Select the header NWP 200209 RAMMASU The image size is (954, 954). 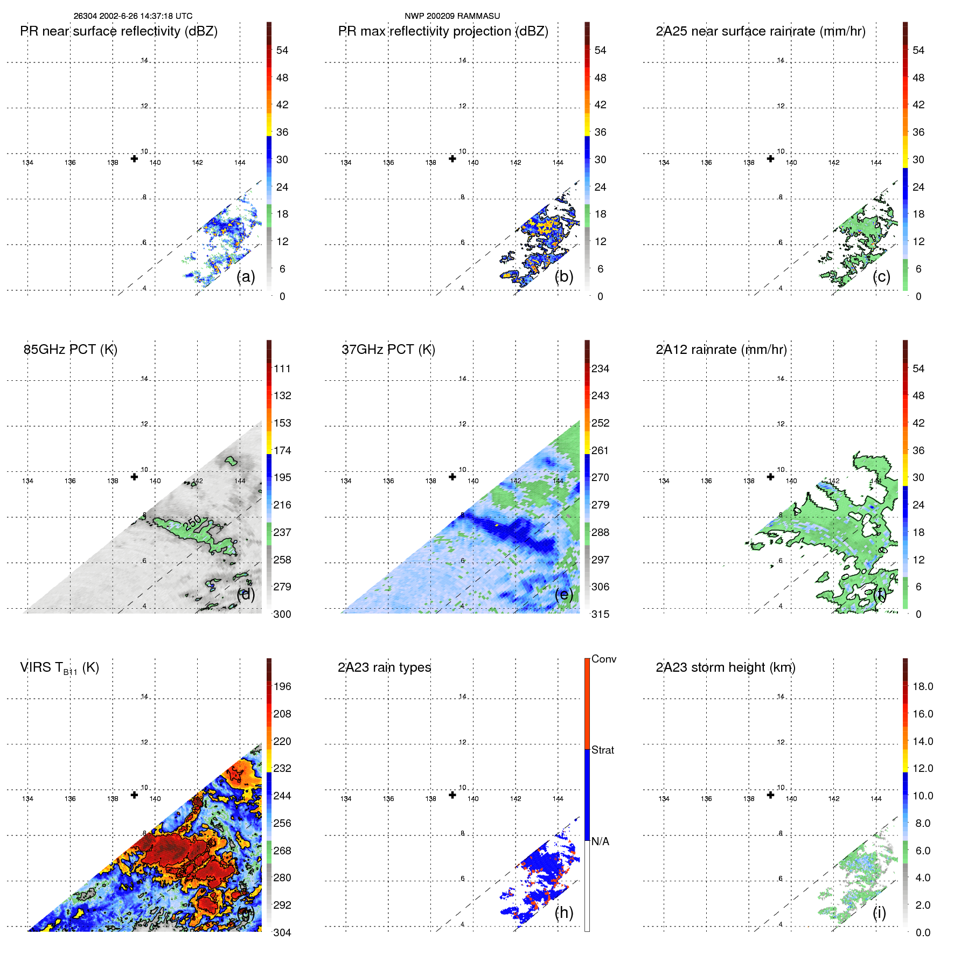(x=452, y=16)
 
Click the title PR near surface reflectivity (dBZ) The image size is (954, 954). (x=119, y=31)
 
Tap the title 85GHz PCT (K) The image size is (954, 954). (x=70, y=350)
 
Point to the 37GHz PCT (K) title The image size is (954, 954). (x=388, y=350)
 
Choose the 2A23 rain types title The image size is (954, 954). (x=384, y=667)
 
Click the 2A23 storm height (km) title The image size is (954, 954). (x=725, y=667)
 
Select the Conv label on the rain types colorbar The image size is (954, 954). (x=603, y=659)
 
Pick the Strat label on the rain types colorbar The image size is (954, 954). (x=602, y=750)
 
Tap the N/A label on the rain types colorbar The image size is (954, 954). (x=600, y=841)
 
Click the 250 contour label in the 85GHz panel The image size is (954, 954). (x=192, y=523)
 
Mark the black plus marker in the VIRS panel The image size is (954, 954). (x=134, y=795)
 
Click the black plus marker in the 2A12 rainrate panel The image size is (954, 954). (x=770, y=477)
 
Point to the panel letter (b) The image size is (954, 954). (x=563, y=276)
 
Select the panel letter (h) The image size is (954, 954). (x=563, y=913)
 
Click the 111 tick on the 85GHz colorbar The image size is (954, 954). (x=282, y=368)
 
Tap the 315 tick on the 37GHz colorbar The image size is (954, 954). (x=600, y=614)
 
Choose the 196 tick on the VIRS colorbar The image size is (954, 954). (x=282, y=686)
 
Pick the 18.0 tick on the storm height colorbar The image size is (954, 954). (x=923, y=686)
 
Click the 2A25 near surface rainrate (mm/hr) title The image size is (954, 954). (x=760, y=31)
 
